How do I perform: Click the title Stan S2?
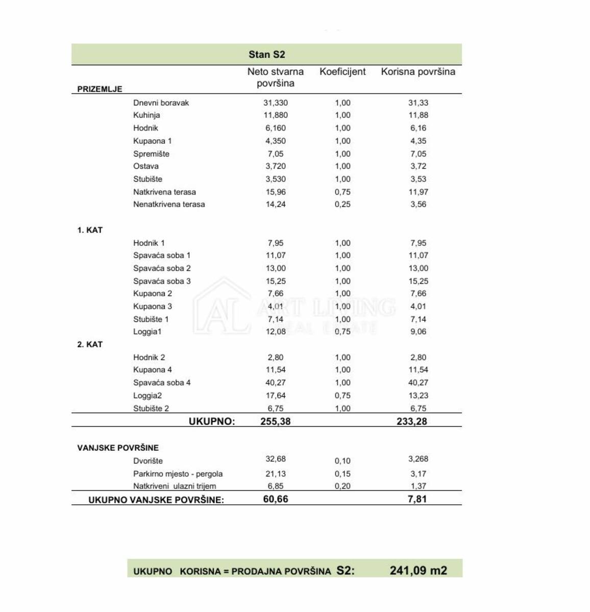(266, 55)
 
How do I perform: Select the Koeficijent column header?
(342, 72)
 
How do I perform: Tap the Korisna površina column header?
(418, 72)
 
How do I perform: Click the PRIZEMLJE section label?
(100, 89)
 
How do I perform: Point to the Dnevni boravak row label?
(161, 103)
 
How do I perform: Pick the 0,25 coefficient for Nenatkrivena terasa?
(342, 205)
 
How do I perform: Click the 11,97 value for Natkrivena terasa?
(418, 192)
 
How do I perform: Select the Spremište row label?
(151, 154)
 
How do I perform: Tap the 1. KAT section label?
(90, 230)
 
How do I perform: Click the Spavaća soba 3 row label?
(162, 281)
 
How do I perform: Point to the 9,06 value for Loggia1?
(418, 331)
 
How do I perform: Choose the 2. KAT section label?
(90, 344)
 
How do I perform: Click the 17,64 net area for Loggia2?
(276, 395)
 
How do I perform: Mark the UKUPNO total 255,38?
(276, 421)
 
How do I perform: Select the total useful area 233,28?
(411, 421)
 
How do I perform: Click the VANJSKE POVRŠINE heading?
(118, 448)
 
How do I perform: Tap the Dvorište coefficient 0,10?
(342, 461)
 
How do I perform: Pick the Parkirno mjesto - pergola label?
(178, 474)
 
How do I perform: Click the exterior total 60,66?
(276, 499)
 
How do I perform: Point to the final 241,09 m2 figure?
(418, 570)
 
